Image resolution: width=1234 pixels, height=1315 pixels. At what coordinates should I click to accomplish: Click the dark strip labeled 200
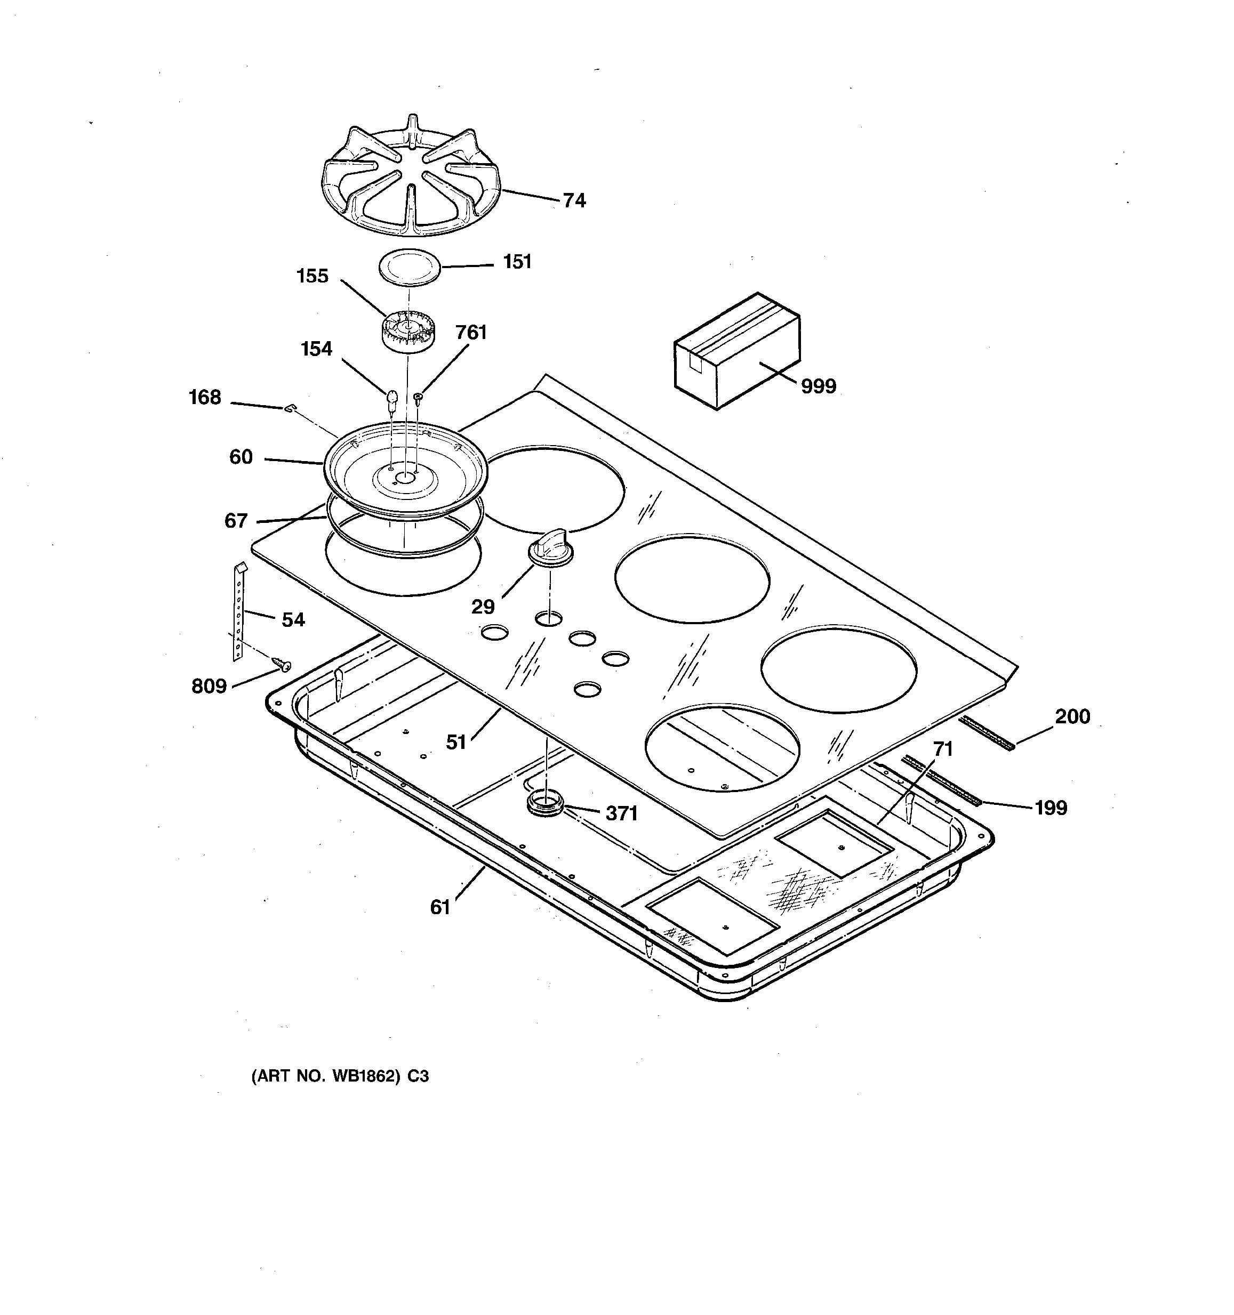coord(988,732)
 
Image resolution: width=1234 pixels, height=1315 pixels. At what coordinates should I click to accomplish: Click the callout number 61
coord(440,907)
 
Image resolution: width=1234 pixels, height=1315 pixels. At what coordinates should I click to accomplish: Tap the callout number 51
coord(456,742)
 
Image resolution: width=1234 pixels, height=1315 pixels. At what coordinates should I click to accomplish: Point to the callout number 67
coord(236,521)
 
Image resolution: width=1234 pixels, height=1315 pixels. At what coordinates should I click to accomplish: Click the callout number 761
coord(471,333)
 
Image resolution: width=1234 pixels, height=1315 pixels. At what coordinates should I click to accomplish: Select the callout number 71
coord(942,749)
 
